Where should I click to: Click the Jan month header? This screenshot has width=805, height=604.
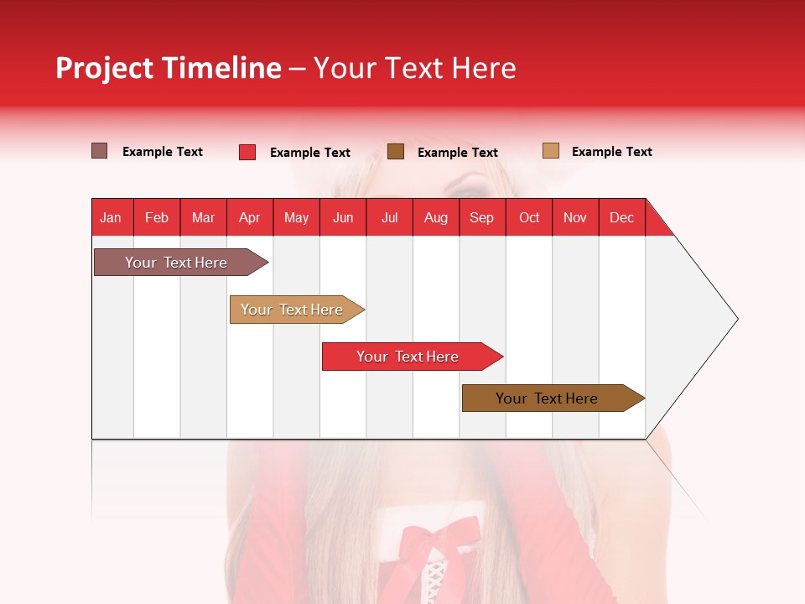coord(111,217)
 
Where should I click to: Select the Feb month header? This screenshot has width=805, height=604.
coord(157,217)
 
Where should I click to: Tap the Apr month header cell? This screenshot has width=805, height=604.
coord(249,217)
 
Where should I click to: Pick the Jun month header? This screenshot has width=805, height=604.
coord(343,217)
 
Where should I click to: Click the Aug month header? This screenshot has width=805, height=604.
coord(435,217)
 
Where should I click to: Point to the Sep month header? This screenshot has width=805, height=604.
coord(481,217)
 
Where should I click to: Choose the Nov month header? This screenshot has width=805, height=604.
coord(575,217)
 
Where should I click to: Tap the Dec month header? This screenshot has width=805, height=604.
coord(621,217)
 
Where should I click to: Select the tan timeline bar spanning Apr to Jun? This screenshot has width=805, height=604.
coord(293,310)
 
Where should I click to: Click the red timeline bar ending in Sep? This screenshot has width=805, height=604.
coord(409,357)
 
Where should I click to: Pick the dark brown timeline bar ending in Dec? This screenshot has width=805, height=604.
coord(549,398)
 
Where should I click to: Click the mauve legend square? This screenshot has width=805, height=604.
coord(99,151)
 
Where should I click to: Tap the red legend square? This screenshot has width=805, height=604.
coord(247,152)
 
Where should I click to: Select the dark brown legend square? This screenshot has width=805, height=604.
coord(396,151)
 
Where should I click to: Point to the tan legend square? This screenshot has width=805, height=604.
coord(551,151)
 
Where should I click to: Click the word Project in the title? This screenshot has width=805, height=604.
coord(104,68)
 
